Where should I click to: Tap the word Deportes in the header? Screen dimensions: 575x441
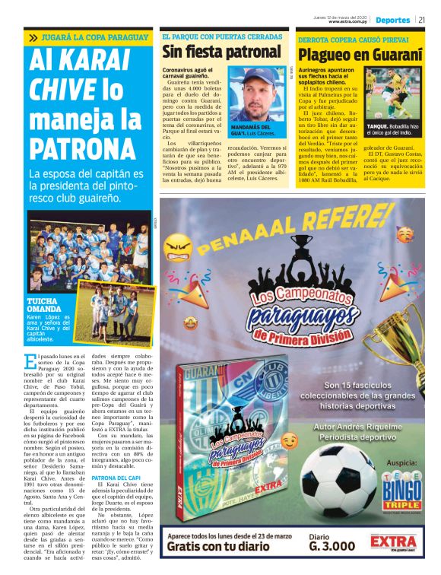click(x=393, y=20)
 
